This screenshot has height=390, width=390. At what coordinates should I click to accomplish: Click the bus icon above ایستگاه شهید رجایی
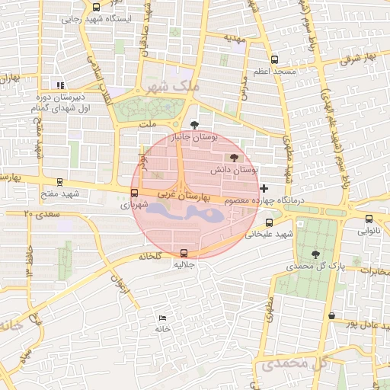click(95, 6)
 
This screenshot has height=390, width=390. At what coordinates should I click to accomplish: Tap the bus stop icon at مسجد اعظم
click(274, 60)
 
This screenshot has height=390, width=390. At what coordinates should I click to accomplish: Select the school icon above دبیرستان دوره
click(59, 85)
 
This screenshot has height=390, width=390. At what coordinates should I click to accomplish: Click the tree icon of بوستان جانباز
click(194, 124)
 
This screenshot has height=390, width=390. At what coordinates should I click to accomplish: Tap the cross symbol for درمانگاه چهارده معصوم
click(264, 187)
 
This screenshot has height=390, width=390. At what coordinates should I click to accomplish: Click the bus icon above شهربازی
click(135, 193)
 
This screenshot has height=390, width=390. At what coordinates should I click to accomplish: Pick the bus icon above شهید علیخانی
click(269, 222)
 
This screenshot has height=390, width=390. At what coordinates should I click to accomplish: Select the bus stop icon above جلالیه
click(183, 253)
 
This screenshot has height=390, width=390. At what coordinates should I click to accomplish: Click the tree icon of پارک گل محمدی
click(316, 254)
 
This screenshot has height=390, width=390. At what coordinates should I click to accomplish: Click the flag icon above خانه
click(161, 318)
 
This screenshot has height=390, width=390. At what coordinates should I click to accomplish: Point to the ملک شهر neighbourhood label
click(174, 87)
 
